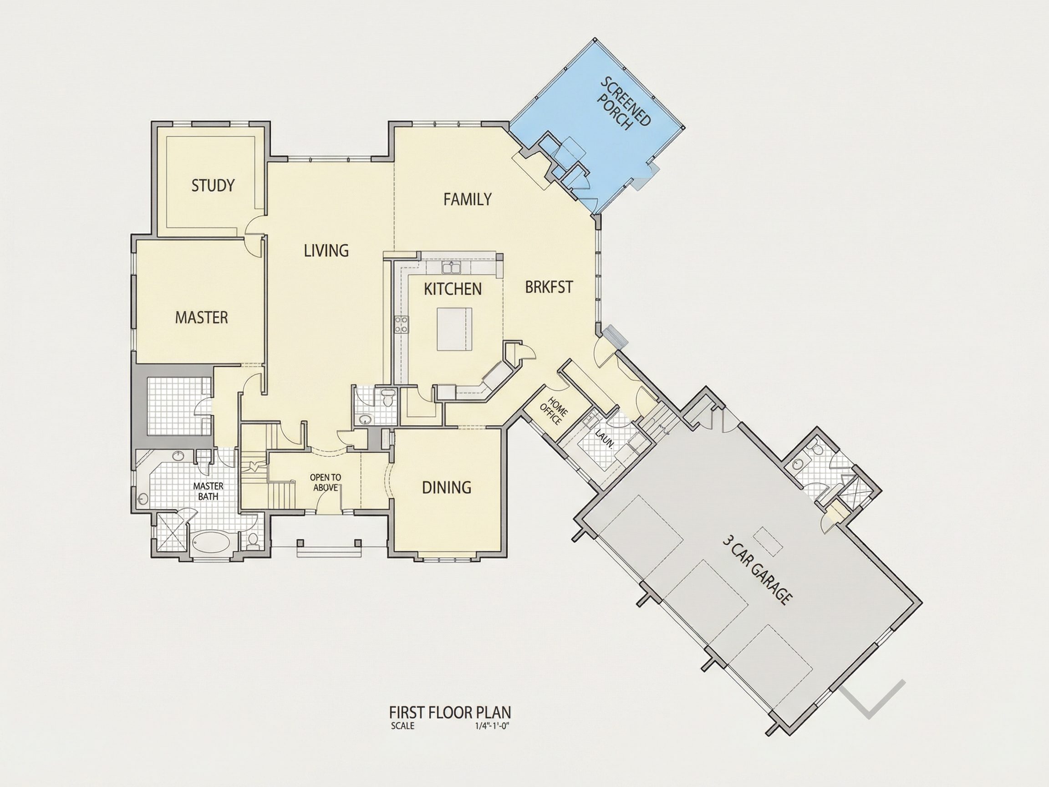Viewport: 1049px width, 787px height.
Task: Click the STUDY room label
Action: [x=213, y=185]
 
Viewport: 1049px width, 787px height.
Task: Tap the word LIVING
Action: [x=326, y=250]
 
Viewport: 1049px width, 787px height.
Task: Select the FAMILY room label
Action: [x=468, y=199]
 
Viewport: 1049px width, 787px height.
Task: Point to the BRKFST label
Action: [x=549, y=287]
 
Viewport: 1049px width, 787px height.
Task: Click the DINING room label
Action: [x=447, y=487]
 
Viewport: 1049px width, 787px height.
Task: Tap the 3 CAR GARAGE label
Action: [x=757, y=570]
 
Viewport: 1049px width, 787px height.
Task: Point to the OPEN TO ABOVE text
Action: [x=326, y=482]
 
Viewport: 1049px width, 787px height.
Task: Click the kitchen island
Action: [x=455, y=329]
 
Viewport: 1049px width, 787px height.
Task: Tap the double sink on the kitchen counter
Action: [x=451, y=268]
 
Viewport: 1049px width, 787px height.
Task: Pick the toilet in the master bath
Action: [x=253, y=540]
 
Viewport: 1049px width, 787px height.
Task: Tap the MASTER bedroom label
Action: [x=202, y=317]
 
